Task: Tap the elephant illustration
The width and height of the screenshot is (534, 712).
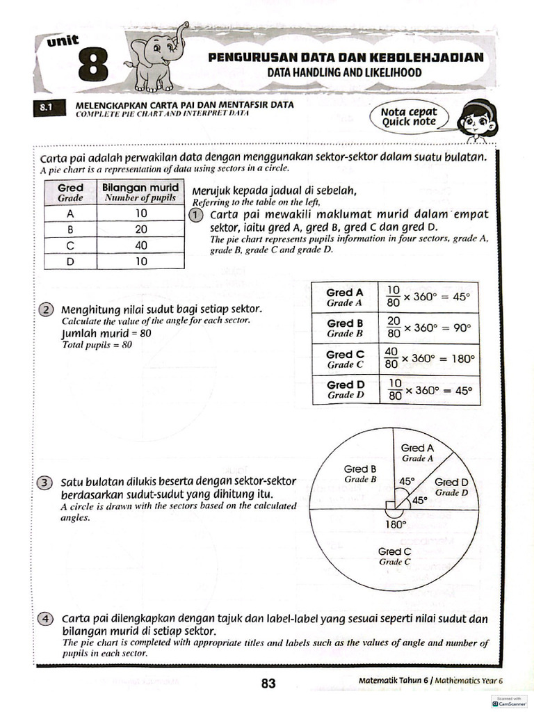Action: point(156,58)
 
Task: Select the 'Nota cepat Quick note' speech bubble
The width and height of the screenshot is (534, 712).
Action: point(410,117)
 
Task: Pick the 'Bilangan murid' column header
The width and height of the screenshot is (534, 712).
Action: point(140,192)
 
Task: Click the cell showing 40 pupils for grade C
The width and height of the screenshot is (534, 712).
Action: point(141,245)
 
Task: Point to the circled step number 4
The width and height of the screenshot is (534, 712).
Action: point(46,618)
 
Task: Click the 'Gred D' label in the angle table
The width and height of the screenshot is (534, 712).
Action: point(346,389)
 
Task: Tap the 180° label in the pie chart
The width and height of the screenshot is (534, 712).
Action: point(394,525)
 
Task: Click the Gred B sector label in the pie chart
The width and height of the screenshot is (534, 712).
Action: point(360,474)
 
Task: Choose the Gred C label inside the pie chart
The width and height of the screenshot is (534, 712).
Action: point(394,556)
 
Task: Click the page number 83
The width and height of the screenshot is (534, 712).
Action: point(268,683)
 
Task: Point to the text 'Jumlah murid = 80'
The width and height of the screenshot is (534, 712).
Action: point(106,333)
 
